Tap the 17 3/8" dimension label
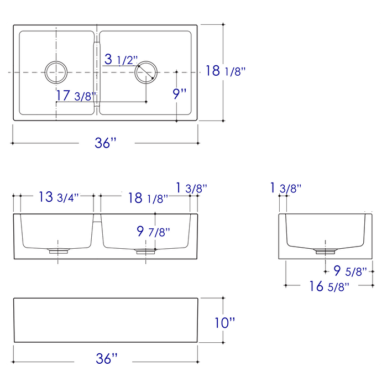[x=76, y=96]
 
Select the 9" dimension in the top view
[x=180, y=93]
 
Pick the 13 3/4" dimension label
[x=59, y=197]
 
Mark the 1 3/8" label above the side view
[x=286, y=189]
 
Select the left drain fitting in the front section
[x=58, y=250]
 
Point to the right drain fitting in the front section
[x=145, y=250]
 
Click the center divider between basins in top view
[x=97, y=72]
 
